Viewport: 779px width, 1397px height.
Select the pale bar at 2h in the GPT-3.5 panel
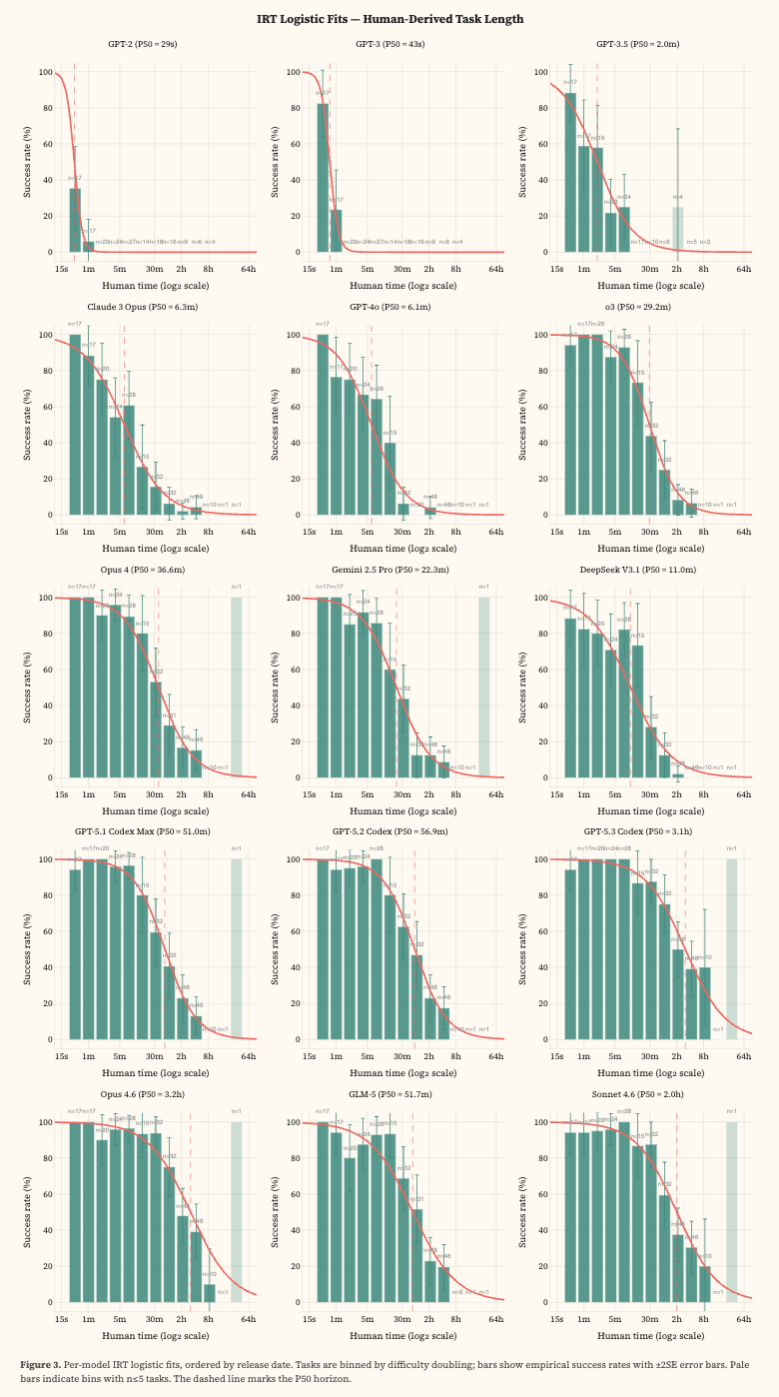click(677, 229)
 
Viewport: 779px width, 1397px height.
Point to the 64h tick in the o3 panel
click(743, 531)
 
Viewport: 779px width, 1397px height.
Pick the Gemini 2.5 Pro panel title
click(389, 570)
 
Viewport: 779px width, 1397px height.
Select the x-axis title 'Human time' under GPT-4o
click(389, 549)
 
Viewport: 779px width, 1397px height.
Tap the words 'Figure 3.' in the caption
click(40, 1364)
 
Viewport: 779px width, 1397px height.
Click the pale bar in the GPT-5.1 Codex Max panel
click(237, 948)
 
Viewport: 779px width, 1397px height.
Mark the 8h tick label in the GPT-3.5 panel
click(703, 269)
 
